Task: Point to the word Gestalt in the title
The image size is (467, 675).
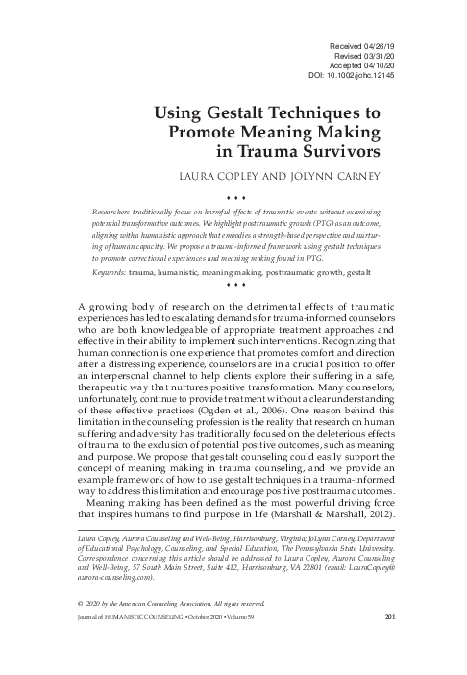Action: point(248,113)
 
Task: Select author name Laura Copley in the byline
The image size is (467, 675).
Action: point(236,175)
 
